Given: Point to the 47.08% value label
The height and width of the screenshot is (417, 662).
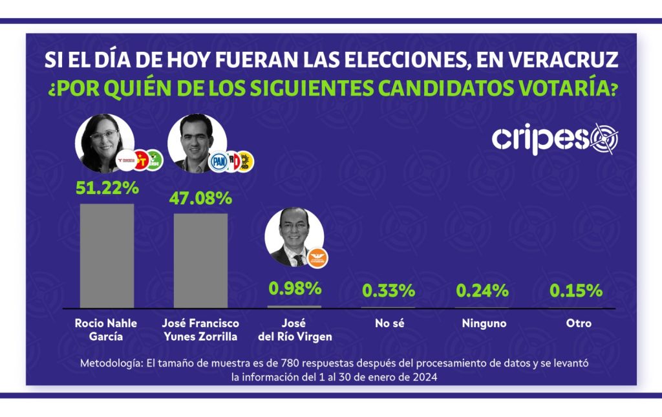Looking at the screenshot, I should [200, 198].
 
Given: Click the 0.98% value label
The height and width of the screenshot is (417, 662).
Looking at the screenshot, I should [295, 288].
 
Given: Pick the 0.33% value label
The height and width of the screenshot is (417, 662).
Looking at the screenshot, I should [389, 291].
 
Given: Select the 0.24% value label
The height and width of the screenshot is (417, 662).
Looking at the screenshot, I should [482, 291].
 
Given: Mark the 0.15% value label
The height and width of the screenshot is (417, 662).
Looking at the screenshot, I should [575, 291].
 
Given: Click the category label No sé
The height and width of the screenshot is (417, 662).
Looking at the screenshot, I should [389, 323].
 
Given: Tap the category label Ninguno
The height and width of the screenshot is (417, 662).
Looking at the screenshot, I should [484, 323].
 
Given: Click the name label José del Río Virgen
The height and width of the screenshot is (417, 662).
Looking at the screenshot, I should [294, 329].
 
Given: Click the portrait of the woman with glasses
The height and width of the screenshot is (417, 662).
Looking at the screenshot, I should [104, 144].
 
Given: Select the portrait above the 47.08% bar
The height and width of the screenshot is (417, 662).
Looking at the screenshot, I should [197, 144].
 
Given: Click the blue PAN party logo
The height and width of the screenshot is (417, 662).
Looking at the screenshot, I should [218, 161].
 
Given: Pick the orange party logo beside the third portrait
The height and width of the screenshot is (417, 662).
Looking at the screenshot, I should [317, 258].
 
